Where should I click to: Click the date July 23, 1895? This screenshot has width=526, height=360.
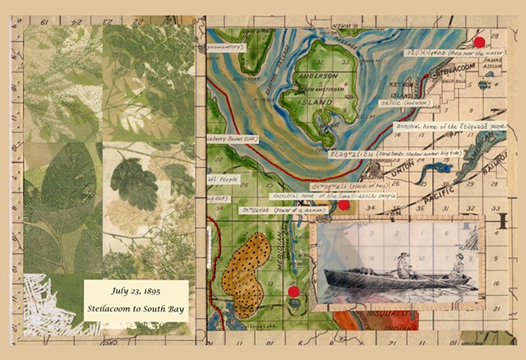pos(136,291)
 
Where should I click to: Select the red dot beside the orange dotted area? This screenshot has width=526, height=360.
pos(293,291)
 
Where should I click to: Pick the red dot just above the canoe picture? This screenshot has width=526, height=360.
pos(344,206)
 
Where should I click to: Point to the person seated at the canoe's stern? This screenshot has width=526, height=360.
pos(456,265)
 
